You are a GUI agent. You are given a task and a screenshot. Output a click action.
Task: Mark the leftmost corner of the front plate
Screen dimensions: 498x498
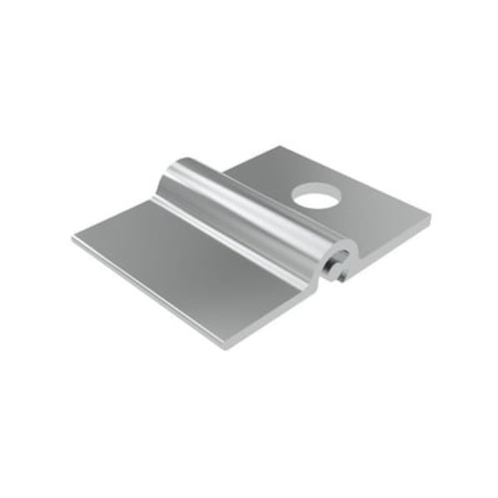click(x=73, y=239)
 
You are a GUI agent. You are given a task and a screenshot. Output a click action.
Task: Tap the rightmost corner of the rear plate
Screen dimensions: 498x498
click(x=430, y=220)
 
